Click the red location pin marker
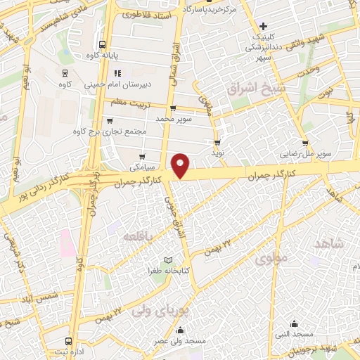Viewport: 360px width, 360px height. (181, 165)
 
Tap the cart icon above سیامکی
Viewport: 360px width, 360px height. (143, 156)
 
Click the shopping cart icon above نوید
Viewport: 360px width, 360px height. (217, 141)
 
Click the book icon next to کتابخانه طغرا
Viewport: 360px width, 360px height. (167, 261)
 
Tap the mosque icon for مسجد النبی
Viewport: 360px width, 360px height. (294, 324)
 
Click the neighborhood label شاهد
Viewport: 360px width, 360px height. (330, 244)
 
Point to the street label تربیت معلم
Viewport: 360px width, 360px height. (132, 103)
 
